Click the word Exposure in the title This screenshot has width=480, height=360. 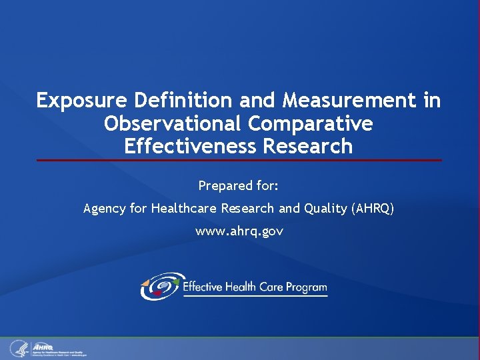pyautogui.click(x=82, y=101)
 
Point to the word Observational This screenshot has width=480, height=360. pyautogui.click(x=175, y=124)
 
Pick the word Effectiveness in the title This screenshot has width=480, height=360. pyautogui.click(x=191, y=146)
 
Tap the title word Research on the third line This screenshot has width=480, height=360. pyautogui.click(x=308, y=146)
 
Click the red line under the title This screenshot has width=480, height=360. pyautogui.click(x=239, y=160)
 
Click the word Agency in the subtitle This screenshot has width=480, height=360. pyautogui.click(x=105, y=209)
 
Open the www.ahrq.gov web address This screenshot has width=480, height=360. pyautogui.click(x=239, y=231)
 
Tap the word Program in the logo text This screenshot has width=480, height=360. pyautogui.click(x=306, y=287)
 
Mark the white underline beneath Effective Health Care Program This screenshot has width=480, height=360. pyautogui.click(x=255, y=296)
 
